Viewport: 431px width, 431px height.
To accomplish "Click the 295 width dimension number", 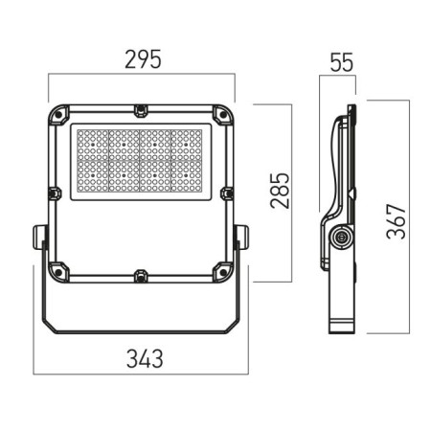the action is (x=143, y=59).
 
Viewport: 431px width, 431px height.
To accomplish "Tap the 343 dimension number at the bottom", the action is (x=145, y=359).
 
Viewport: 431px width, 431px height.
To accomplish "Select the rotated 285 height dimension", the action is (x=280, y=191).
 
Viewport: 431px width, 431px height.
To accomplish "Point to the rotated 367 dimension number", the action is (x=396, y=221).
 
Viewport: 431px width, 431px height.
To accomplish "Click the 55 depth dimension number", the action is (x=342, y=62).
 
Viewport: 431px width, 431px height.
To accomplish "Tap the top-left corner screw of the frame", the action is (x=58, y=114).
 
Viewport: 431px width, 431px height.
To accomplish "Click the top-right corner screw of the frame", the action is (x=223, y=114).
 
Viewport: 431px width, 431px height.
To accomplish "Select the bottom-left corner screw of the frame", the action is (x=58, y=272).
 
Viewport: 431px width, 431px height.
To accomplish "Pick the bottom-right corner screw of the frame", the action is (x=223, y=272).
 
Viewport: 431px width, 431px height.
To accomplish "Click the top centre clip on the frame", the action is (x=141, y=110).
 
